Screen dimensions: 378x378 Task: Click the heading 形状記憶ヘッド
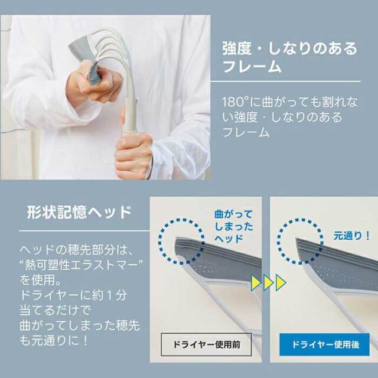click(x=79, y=213)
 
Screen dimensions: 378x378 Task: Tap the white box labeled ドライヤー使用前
click(x=206, y=344)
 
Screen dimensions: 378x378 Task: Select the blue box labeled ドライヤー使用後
click(x=324, y=344)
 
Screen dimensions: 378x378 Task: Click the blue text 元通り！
click(x=352, y=236)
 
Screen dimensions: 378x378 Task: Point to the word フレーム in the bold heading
click(x=252, y=66)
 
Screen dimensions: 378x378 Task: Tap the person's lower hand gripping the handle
click(x=133, y=154)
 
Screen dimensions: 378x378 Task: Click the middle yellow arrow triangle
click(x=268, y=282)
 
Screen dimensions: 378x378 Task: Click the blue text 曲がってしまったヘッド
click(x=234, y=226)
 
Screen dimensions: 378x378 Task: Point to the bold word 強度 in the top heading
click(x=237, y=48)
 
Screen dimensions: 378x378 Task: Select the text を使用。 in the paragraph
click(x=41, y=280)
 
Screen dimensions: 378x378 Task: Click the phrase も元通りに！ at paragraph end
click(x=54, y=340)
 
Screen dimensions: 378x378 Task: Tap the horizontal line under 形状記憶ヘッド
click(x=84, y=231)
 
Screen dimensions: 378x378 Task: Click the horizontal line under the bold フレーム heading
click(x=285, y=82)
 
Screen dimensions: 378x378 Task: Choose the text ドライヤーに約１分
click(x=73, y=295)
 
